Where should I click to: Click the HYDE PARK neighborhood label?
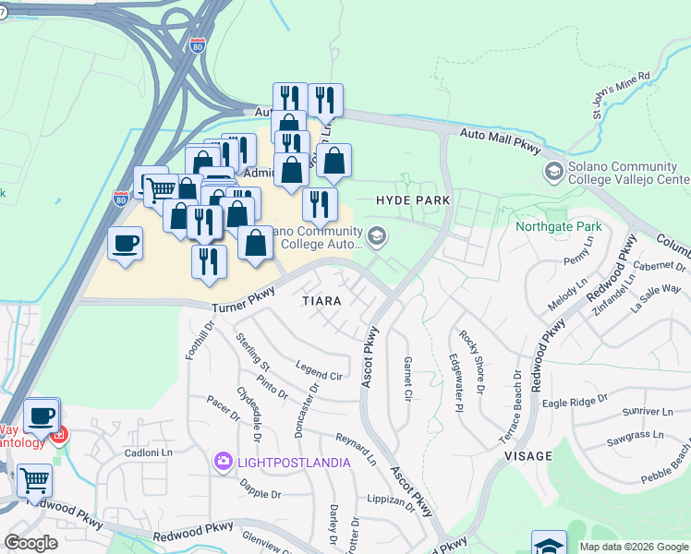[x=413, y=199]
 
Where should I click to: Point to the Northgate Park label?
[x=558, y=226]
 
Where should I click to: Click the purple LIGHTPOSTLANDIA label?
[x=291, y=462]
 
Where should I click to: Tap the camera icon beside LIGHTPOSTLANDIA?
[x=223, y=461]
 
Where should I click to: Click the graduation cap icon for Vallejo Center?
[x=553, y=171]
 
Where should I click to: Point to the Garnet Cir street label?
[x=406, y=378]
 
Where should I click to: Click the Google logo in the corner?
[x=30, y=543]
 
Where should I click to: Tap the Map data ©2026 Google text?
[x=634, y=547]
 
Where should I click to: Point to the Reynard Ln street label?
[x=355, y=447]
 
